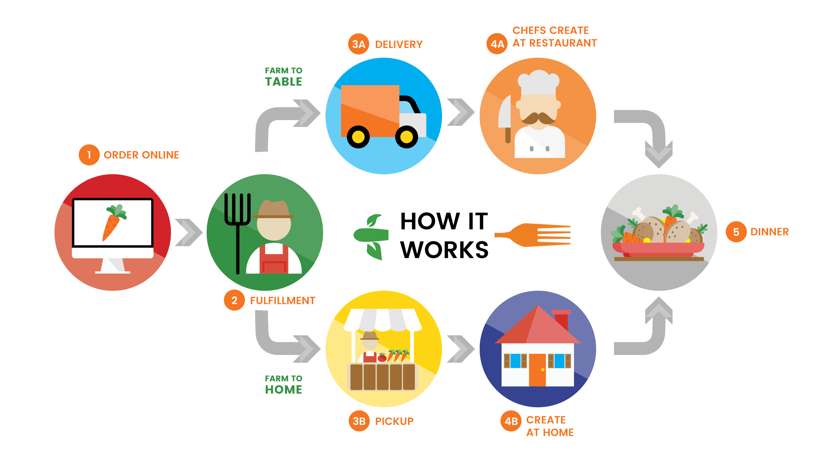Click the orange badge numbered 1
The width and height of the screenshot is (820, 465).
click(x=89, y=155)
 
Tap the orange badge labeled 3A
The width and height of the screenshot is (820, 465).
click(x=358, y=44)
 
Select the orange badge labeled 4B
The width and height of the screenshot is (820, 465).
click(x=511, y=421)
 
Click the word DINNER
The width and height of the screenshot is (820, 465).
click(x=769, y=232)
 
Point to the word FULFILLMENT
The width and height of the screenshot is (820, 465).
click(x=283, y=301)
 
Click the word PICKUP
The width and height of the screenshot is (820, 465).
click(x=394, y=421)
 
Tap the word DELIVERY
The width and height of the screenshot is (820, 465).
click(x=399, y=44)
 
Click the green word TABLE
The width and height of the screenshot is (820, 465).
click(x=284, y=82)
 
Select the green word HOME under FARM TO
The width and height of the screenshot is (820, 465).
click(x=284, y=390)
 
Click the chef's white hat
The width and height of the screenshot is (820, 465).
click(x=538, y=82)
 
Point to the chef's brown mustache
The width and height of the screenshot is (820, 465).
click(x=538, y=118)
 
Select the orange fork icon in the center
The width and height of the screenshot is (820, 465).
click(x=533, y=235)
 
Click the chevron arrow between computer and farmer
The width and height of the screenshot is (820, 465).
click(x=188, y=232)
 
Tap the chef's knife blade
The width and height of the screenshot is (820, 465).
click(x=505, y=113)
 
